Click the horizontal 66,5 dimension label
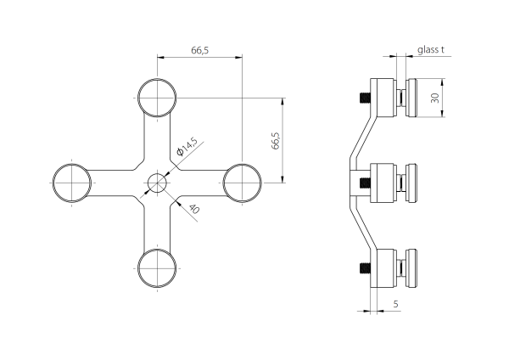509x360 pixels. [x=199, y=51]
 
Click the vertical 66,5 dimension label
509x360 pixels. [x=275, y=140]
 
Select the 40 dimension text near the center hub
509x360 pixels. [x=194, y=209]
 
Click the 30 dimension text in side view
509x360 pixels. [x=434, y=98]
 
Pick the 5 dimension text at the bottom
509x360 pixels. [x=395, y=303]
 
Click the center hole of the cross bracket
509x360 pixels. [x=157, y=183]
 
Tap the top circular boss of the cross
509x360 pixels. [x=157, y=98]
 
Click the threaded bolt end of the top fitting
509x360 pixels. [x=366, y=98]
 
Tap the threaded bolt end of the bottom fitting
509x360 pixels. [x=366, y=270]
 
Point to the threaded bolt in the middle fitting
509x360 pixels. [x=367, y=183]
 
